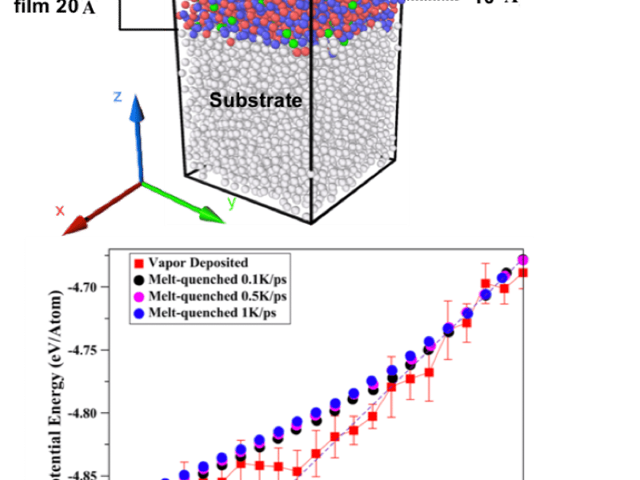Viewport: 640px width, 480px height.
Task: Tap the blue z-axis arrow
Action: [138, 136]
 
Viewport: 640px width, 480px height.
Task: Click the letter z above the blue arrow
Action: [117, 98]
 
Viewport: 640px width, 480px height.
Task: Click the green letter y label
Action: [231, 203]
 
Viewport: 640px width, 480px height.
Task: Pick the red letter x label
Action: [59, 210]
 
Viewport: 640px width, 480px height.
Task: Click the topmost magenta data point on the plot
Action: [523, 260]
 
